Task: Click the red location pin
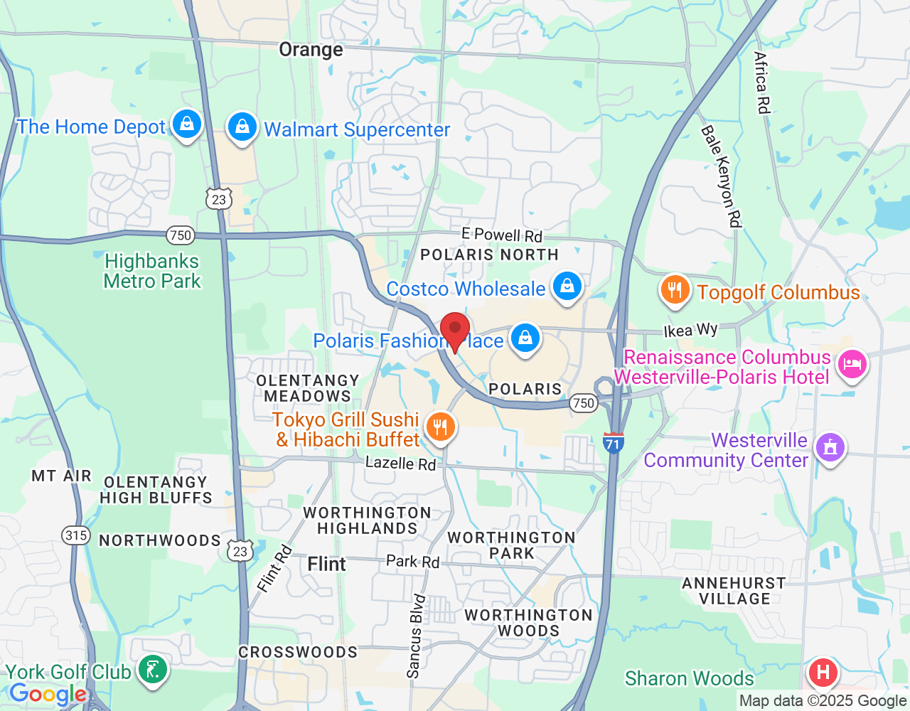point(455,331)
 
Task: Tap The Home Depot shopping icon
point(187,124)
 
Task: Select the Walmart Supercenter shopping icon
point(242,127)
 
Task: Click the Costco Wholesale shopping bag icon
point(567,287)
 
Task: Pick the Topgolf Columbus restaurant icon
point(675,290)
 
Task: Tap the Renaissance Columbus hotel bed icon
point(852,365)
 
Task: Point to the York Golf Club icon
point(152,670)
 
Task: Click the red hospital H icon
point(823,671)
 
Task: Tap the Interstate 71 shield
point(613,442)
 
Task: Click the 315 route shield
point(76,535)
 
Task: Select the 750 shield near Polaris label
point(583,403)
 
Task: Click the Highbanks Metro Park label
point(152,272)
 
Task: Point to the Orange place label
point(311,50)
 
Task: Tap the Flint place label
point(326,564)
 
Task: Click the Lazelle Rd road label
point(400,464)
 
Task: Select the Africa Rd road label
point(761,82)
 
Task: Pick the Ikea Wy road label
point(690,330)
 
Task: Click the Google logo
point(48,695)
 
